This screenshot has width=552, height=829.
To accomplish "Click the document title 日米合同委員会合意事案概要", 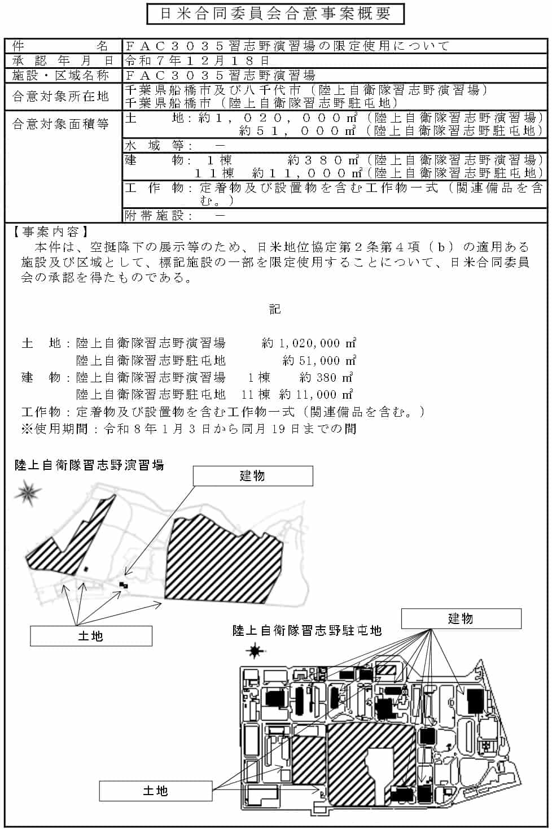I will [x=275, y=14].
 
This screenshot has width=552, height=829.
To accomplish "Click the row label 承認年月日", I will [x=63, y=60].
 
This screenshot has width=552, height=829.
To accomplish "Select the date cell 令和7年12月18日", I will [x=198, y=60].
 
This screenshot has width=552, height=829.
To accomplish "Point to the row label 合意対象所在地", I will [x=61, y=96].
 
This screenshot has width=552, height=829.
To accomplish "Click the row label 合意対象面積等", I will [x=61, y=124].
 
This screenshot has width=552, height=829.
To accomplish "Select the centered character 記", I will [x=275, y=309].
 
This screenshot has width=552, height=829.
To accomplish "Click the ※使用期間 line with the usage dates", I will [x=189, y=429].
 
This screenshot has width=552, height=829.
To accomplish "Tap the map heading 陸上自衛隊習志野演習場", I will [x=89, y=465].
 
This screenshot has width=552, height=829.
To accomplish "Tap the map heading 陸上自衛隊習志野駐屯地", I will [x=307, y=630].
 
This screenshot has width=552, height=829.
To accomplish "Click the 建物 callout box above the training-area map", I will [x=252, y=476].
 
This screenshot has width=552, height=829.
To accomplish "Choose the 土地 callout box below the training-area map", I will [x=91, y=636].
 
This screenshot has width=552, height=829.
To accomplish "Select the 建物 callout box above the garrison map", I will [x=461, y=618].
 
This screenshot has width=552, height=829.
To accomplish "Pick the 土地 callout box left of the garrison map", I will [x=156, y=791].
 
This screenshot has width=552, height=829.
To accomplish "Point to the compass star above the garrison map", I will [x=255, y=652].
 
